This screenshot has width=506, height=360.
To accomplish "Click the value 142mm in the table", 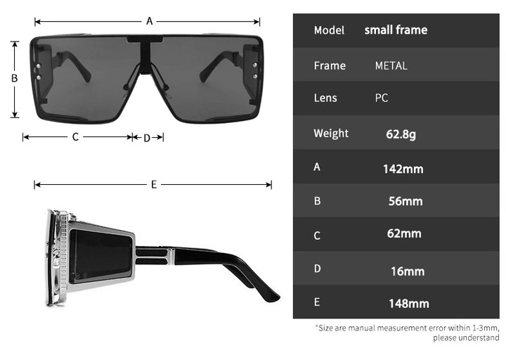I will [x=403, y=169].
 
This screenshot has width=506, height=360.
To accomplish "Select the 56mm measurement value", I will [x=406, y=201].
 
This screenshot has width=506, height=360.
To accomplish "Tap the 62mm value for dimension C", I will [x=404, y=233].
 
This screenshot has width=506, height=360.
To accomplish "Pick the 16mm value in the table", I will [x=408, y=271].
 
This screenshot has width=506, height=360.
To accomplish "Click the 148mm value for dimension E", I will [x=408, y=304].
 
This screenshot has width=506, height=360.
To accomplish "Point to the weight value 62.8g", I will [x=401, y=134].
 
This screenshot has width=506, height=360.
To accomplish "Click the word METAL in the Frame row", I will [x=391, y=65].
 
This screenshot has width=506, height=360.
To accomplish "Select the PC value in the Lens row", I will [x=382, y=98].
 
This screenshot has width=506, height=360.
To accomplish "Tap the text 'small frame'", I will [x=396, y=30].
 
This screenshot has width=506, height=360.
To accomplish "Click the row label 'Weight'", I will [x=330, y=134].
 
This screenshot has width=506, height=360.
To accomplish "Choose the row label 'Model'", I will [x=329, y=30].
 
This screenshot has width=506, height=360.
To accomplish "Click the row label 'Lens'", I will [x=325, y=98].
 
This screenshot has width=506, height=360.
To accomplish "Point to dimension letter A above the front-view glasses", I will [x=150, y=21].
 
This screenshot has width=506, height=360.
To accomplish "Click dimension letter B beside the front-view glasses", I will [x=14, y=78].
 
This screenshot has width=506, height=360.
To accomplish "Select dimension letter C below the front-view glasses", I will [x=75, y=137].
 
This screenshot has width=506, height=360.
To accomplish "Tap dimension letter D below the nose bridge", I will [x=148, y=138].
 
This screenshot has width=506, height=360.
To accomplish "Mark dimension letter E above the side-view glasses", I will [x=153, y=184].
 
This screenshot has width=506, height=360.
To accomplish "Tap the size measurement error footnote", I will [x=408, y=333].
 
